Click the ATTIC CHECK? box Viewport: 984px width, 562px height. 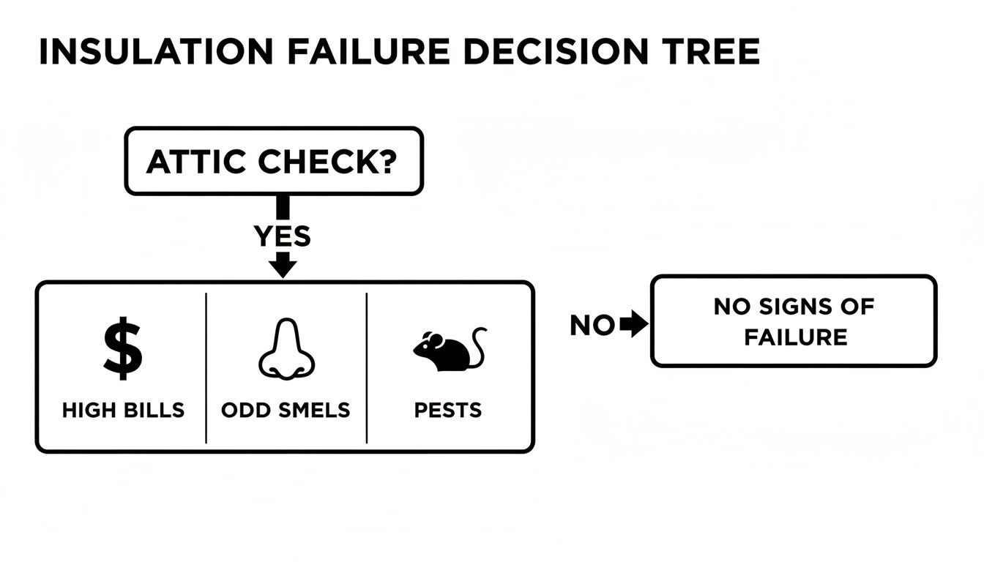click(274, 162)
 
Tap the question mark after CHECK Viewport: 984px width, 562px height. click(387, 162)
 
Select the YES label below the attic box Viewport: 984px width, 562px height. click(282, 236)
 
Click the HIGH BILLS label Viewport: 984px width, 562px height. click(123, 410)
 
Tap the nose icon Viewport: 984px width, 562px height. click(286, 350)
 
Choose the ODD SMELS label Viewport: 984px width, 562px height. click(286, 410)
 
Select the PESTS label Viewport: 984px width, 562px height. click(448, 410)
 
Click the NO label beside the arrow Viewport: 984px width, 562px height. click(592, 326)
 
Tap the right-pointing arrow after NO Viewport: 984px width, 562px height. click(634, 325)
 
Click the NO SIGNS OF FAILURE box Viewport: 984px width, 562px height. click(794, 321)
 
